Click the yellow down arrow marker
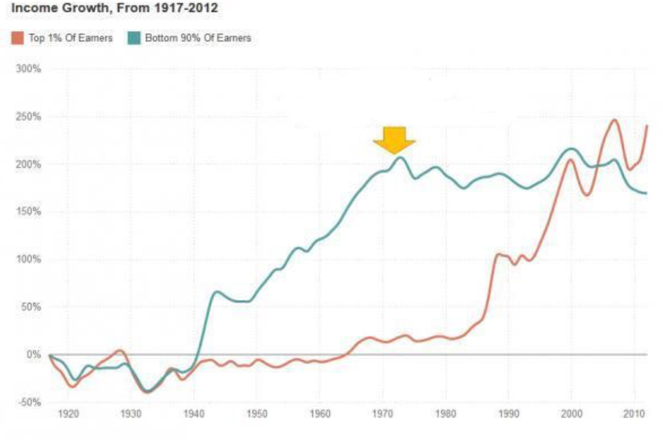[x=394, y=140]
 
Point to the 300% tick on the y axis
[x=31, y=69]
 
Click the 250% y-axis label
[x=31, y=117]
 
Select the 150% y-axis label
[x=31, y=212]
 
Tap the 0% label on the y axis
[x=35, y=355]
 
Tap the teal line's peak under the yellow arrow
[x=400, y=157]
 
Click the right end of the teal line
[x=646, y=193]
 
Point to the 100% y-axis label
[x=31, y=259]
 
